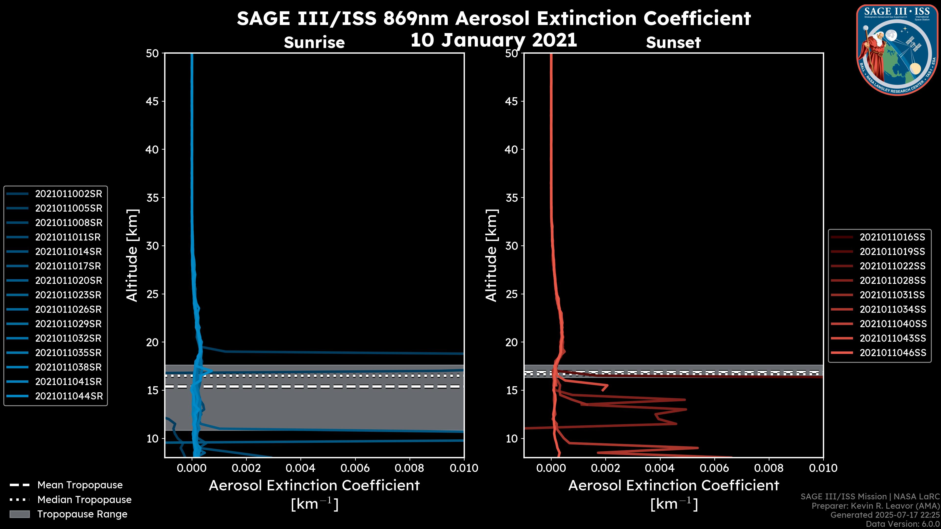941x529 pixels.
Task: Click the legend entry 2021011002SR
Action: coord(68,194)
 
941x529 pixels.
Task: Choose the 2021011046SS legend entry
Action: coord(893,353)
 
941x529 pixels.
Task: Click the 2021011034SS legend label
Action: coord(893,310)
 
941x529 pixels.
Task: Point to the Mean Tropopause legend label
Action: coord(80,485)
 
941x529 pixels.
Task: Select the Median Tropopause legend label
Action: coord(84,499)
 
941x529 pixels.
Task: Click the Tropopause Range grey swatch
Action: coord(19,514)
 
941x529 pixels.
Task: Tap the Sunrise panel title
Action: coord(314,42)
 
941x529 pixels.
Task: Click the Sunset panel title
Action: coord(673,42)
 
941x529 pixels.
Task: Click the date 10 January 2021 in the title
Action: coord(494,40)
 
